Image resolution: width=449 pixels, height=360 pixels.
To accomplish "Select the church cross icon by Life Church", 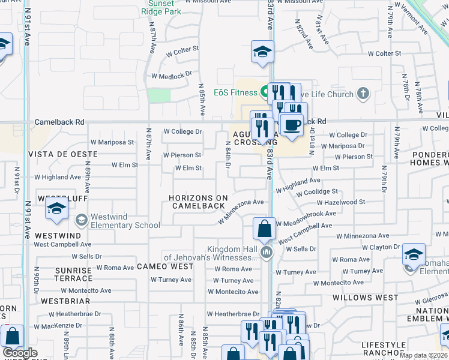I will (362, 93).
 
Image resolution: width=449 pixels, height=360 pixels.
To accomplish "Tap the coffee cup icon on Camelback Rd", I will (292, 125).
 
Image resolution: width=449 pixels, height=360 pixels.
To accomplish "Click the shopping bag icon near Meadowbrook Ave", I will (264, 229).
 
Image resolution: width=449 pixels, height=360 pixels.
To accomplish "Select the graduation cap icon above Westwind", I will (56, 209).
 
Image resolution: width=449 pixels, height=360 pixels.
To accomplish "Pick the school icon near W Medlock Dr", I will (262, 52).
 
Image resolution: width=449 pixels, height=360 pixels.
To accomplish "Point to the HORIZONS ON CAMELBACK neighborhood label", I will (198, 202).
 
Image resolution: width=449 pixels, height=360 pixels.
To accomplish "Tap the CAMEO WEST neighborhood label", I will (165, 266).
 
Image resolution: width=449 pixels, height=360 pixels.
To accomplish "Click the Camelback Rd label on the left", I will (59, 122).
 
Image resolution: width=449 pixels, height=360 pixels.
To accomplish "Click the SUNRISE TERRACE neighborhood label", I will (73, 275).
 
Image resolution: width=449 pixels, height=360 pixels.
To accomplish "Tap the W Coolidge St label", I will (318, 191).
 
